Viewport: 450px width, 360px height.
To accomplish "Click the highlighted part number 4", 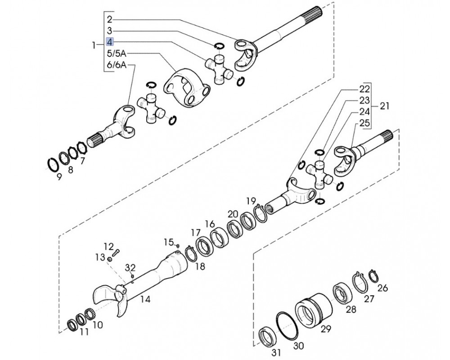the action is (x=110, y=42).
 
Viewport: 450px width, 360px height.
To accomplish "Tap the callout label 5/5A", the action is (x=117, y=54).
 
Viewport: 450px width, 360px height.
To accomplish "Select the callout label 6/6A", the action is (x=117, y=65).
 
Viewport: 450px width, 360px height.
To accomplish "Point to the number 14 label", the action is (x=145, y=299).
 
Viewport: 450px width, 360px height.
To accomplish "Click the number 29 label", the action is (x=326, y=328).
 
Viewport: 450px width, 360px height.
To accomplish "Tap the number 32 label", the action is (x=130, y=268).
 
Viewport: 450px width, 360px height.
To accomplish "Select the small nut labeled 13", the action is (x=110, y=260).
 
